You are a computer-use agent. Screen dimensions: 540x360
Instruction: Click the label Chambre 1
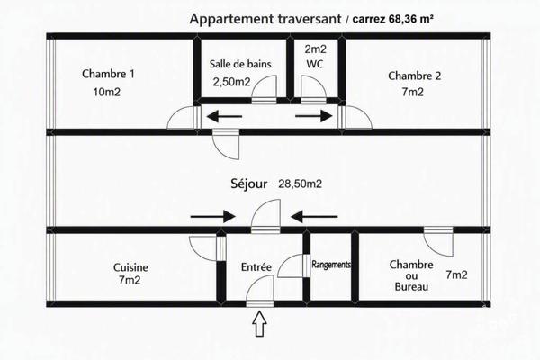(x=108, y=74)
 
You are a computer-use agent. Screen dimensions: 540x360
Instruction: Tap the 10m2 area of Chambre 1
(x=106, y=92)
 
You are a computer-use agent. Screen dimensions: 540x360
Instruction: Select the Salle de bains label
(x=240, y=64)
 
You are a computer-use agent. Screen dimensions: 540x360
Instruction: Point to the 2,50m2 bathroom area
(x=231, y=82)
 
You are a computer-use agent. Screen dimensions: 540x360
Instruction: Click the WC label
(x=315, y=64)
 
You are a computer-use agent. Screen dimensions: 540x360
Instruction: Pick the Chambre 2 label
(x=414, y=76)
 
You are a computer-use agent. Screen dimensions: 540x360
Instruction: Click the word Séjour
(x=248, y=184)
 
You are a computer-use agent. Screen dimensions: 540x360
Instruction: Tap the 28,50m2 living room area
(x=300, y=184)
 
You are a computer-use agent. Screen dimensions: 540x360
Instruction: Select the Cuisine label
(x=130, y=267)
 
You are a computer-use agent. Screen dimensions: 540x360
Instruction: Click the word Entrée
(x=256, y=267)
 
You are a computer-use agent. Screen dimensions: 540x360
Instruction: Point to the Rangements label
(x=331, y=265)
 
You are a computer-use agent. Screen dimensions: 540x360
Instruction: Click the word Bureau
(x=411, y=287)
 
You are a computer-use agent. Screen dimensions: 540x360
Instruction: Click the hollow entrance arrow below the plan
(x=260, y=323)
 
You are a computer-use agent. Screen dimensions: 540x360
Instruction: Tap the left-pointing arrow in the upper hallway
(x=226, y=116)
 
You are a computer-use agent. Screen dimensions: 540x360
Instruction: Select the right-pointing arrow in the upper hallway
(x=314, y=116)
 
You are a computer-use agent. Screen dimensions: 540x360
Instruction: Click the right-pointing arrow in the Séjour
(x=212, y=217)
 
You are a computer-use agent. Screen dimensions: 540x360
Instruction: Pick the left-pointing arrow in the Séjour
(x=314, y=217)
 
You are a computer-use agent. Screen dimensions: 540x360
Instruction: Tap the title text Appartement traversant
(x=265, y=19)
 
